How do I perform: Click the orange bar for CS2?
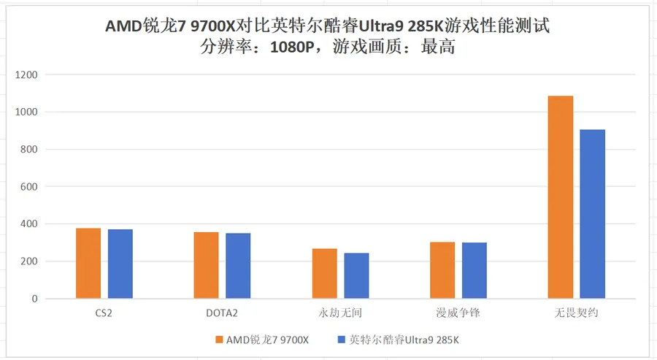click(x=88, y=264)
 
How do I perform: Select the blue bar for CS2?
click(x=120, y=264)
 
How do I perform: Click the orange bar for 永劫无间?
click(x=324, y=274)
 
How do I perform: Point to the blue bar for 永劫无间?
click(x=356, y=276)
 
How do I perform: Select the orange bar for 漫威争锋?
click(x=442, y=270)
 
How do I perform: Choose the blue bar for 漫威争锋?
click(x=474, y=271)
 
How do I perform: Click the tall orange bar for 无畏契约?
click(x=561, y=197)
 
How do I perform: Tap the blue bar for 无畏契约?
click(x=593, y=214)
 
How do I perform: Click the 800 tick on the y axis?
click(x=29, y=149)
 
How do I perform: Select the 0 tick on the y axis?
click(x=34, y=299)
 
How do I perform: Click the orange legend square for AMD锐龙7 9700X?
click(x=219, y=340)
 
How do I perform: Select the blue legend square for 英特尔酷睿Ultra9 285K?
click(x=341, y=340)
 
